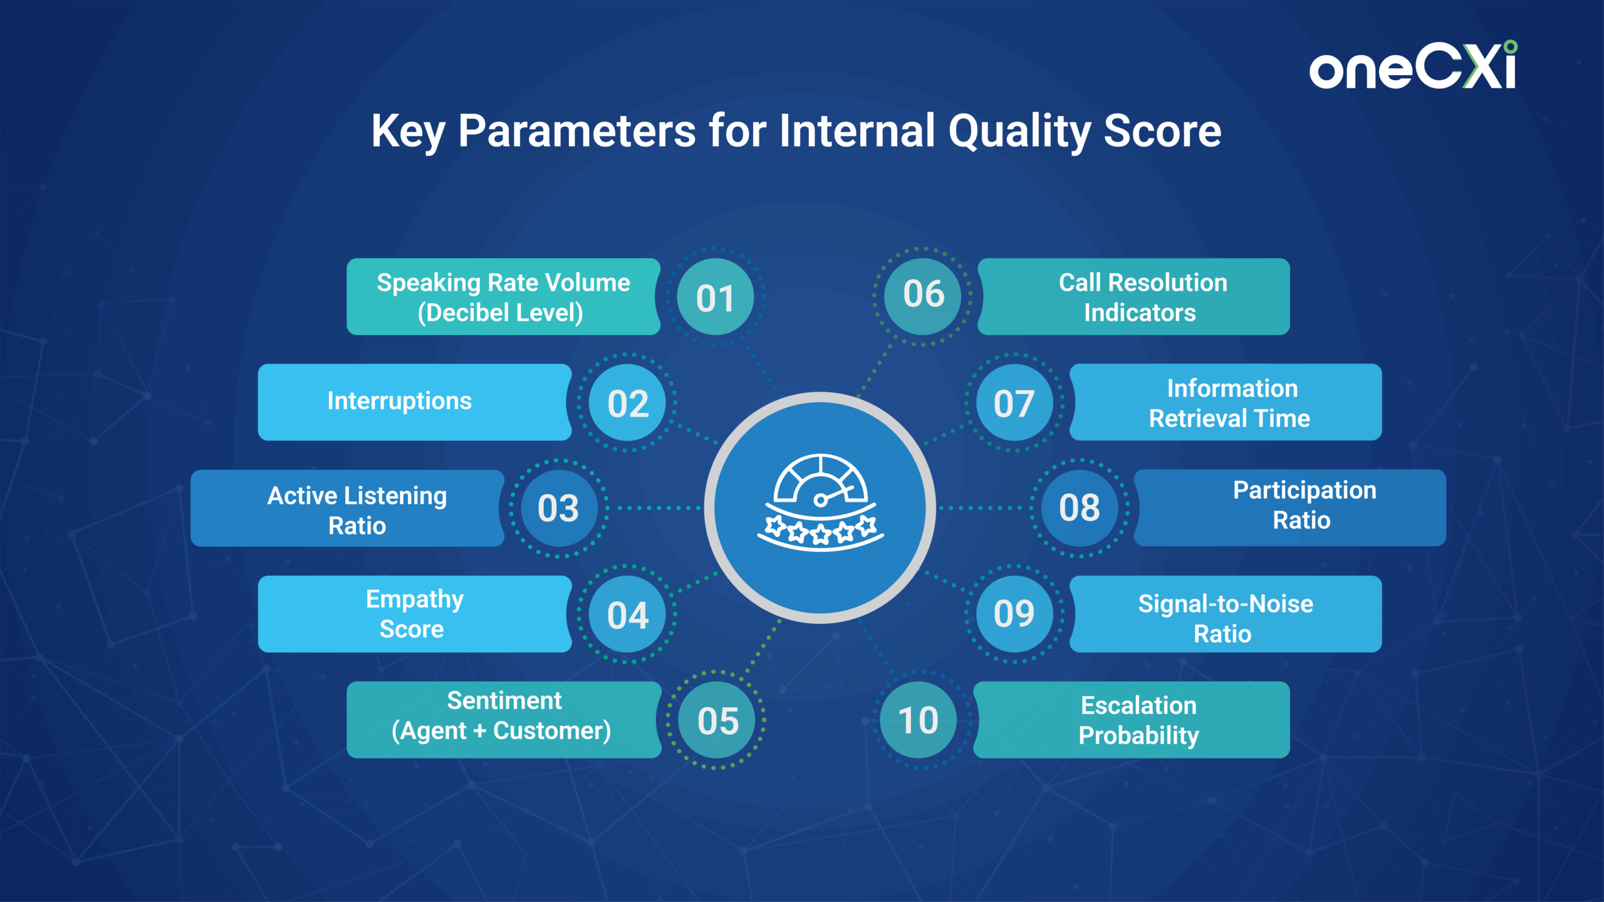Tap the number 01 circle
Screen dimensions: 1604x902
pyautogui.click(x=715, y=297)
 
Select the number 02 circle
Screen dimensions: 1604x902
pyautogui.click(x=627, y=403)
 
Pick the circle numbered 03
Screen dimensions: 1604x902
pyautogui.click(x=558, y=508)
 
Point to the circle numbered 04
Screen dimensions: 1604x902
pyautogui.click(x=627, y=614)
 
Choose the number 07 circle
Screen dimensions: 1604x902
pyautogui.click(x=1014, y=403)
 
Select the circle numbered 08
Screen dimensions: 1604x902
pyautogui.click(x=1080, y=508)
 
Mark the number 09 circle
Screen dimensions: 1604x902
pyautogui.click(x=1014, y=614)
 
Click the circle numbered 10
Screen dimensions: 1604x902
pyautogui.click(x=919, y=720)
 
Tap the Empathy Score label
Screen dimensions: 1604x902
pyautogui.click(x=415, y=614)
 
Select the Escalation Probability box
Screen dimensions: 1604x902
pyautogui.click(x=1132, y=720)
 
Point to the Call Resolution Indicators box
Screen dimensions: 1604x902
pyautogui.click(x=1133, y=296)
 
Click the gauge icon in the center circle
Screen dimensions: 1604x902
pyautogui.click(x=820, y=502)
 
